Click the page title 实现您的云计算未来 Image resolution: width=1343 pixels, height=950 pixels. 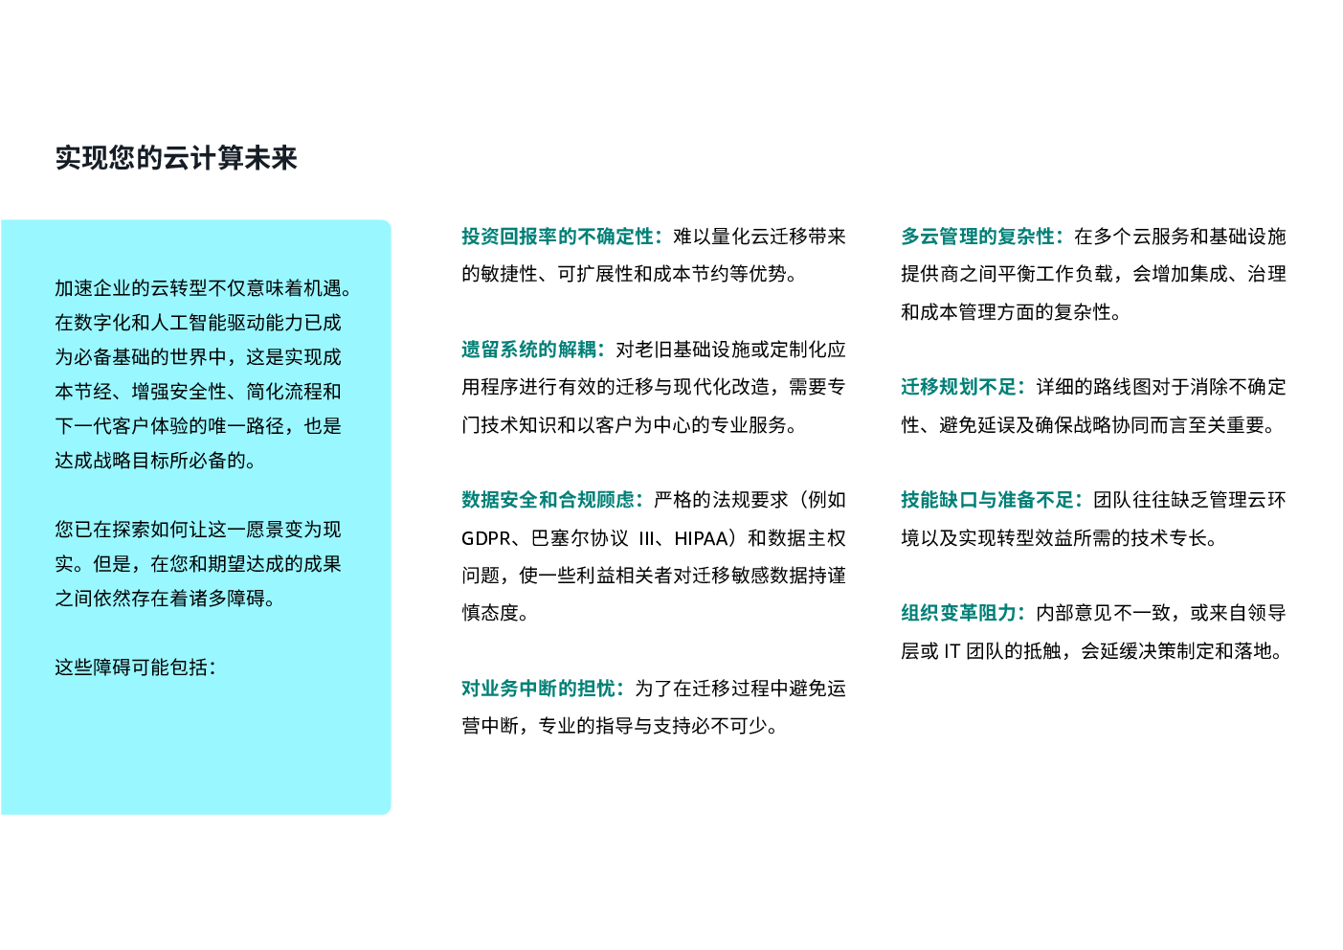coord(176,158)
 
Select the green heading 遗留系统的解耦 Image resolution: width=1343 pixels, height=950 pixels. coord(531,350)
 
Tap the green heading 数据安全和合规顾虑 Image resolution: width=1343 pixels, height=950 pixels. coord(550,500)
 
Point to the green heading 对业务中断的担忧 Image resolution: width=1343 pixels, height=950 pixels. coord(541,689)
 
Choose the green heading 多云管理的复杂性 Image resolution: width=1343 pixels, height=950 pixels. coord(980,237)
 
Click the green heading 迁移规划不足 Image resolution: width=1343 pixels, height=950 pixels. coord(961,387)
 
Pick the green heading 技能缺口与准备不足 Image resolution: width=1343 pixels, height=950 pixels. coord(990,500)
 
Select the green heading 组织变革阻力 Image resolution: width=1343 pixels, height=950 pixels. coord(961,613)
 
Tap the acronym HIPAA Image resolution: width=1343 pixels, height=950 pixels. coord(703,538)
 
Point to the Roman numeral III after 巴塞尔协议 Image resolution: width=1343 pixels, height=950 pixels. coord(647,538)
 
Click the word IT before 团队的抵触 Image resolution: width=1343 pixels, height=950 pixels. coord(951,651)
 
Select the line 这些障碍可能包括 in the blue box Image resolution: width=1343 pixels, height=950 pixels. coord(135,667)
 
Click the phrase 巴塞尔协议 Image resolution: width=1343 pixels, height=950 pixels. coord(580,538)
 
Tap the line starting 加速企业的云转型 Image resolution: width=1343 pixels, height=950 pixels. coord(204,288)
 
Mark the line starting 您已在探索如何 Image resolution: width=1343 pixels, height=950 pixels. coord(198,530)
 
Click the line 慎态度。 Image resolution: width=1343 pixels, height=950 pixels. coord(495,613)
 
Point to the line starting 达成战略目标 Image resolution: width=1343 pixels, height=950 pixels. coord(156,461)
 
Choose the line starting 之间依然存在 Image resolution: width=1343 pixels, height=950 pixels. coord(166,599)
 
